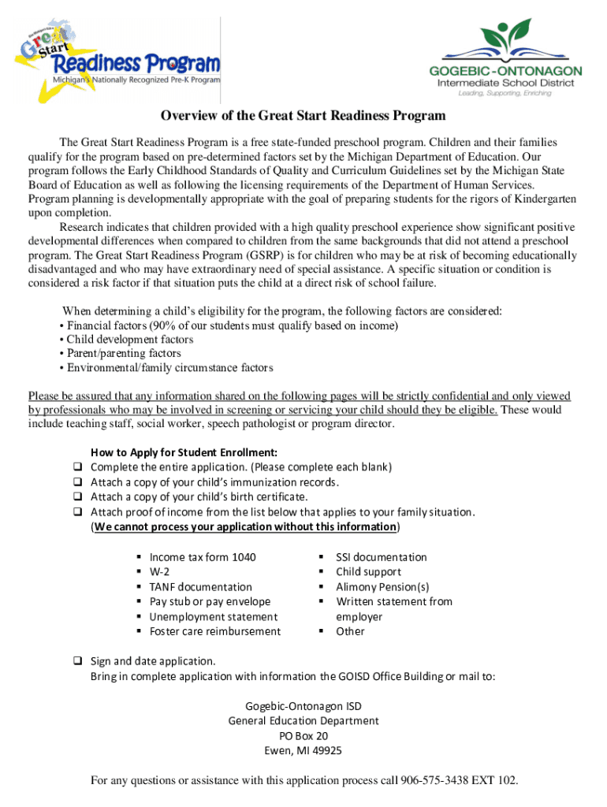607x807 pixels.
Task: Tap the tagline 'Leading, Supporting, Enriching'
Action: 505,92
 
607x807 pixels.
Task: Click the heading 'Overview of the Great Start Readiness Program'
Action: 303,116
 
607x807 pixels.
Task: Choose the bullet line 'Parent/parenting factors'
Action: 123,354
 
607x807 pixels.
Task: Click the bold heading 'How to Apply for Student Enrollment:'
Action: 184,452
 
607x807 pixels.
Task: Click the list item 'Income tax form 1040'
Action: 203,557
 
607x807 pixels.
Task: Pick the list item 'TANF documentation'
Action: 200,587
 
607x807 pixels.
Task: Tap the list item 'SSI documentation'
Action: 381,557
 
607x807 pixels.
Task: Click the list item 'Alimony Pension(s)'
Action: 382,587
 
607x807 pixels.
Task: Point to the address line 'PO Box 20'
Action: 303,736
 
